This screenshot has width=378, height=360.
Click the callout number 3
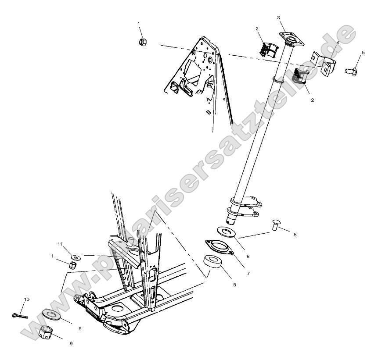278,18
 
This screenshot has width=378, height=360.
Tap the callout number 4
338,42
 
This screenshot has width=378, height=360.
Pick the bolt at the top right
351,71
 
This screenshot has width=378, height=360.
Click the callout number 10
26,299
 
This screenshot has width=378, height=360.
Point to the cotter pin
20,315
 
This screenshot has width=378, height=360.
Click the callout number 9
71,344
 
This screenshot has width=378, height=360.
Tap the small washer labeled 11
77,258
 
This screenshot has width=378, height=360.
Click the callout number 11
60,244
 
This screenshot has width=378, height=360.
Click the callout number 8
234,285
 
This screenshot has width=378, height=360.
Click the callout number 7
248,273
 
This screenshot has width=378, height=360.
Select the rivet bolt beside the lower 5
275,225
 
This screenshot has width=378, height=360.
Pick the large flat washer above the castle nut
52,315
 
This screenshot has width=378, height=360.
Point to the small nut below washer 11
72,265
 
